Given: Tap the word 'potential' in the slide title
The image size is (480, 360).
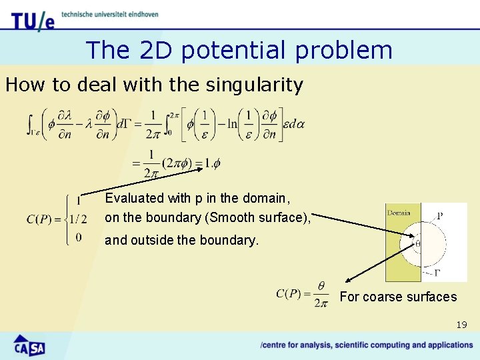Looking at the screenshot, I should point(212,50).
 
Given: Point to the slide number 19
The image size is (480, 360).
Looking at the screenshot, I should point(462,325).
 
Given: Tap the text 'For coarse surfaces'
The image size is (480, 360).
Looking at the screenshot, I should point(398,297).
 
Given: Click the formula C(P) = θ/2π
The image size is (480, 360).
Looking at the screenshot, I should point(302,293).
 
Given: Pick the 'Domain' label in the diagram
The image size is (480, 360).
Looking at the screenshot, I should point(398,213).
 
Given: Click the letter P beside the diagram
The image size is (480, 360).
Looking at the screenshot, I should point(439,215).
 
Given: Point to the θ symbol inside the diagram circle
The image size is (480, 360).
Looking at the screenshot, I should point(418,244).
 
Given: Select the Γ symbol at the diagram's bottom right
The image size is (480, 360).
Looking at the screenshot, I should point(437,272).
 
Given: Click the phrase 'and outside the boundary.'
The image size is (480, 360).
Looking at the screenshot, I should point(181,240).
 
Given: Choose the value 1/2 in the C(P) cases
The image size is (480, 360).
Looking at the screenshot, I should point(79,219).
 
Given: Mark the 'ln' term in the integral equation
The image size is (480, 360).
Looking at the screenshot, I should point(231,124).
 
